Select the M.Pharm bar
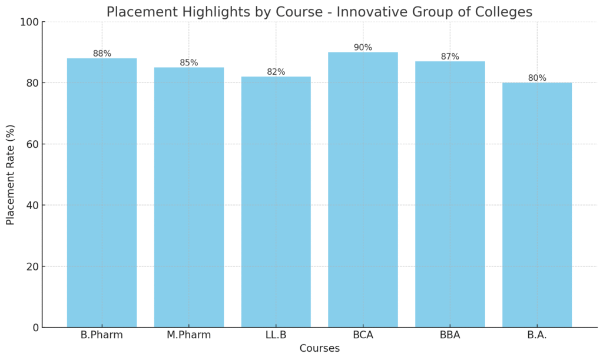click(x=189, y=197)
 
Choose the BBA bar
click(x=450, y=194)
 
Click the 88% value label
click(x=102, y=54)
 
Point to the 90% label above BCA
click(x=363, y=48)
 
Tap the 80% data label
click(x=537, y=78)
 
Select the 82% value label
click(x=276, y=72)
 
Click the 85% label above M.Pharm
click(x=189, y=63)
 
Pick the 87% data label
click(x=450, y=57)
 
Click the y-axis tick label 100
click(x=29, y=22)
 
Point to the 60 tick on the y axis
click(x=32, y=144)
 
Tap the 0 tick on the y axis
click(x=35, y=328)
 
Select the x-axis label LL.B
click(x=276, y=335)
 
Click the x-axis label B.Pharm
click(x=102, y=335)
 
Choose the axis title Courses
click(x=319, y=348)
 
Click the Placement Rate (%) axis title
click(x=11, y=175)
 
